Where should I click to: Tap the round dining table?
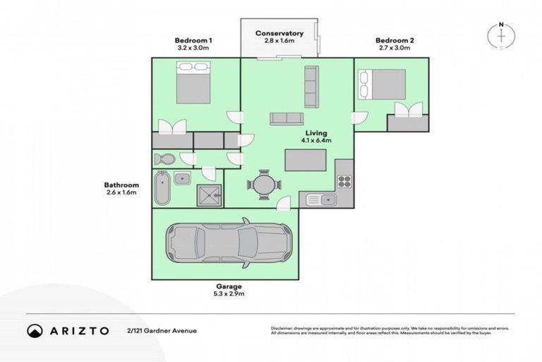(264, 185)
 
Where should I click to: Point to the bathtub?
(162, 187)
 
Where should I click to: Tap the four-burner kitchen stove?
(344, 181)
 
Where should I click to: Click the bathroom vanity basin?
(181, 177)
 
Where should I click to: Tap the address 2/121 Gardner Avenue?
(162, 330)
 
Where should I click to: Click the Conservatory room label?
(279, 33)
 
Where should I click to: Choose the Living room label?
(316, 133)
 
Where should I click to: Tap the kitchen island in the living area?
(305, 160)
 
